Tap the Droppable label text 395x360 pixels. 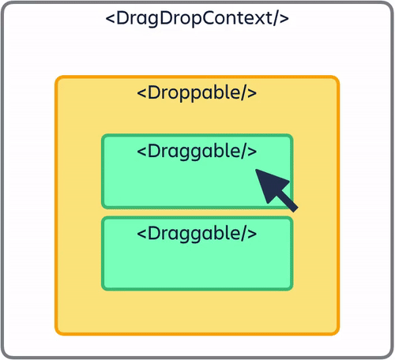click(x=197, y=92)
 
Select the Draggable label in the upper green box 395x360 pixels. click(x=197, y=150)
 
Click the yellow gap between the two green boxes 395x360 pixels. click(x=197, y=212)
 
